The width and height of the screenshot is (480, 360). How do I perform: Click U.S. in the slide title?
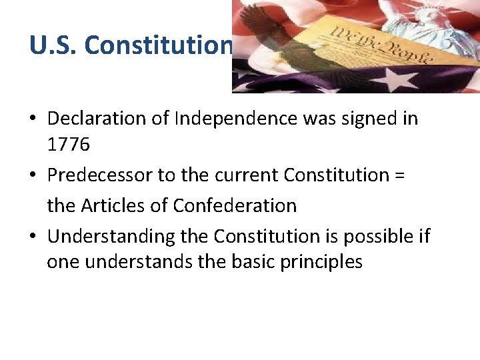point(54,45)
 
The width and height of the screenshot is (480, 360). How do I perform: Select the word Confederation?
point(235,205)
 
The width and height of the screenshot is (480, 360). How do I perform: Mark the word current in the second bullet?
point(247,176)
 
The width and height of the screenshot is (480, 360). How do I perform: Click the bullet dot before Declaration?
point(33,120)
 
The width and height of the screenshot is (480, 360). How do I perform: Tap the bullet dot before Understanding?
point(33,237)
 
